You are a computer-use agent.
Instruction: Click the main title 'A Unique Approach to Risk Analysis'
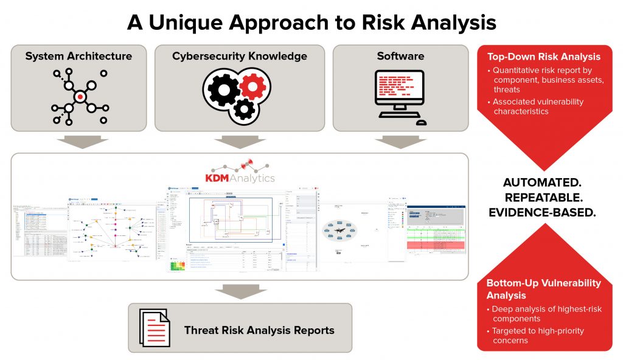(x=311, y=22)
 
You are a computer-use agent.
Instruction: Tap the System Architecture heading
(x=78, y=57)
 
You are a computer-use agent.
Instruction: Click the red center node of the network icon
(x=80, y=97)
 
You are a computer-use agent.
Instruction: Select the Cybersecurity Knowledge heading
(x=239, y=57)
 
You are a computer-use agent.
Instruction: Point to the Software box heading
(x=400, y=57)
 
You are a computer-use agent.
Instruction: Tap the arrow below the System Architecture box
(x=78, y=142)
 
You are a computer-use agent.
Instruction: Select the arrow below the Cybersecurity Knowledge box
(x=239, y=142)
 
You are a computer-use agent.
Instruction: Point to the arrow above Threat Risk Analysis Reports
(x=239, y=291)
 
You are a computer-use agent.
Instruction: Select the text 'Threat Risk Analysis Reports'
(x=259, y=331)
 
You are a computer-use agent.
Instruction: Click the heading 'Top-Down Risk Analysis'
(x=544, y=57)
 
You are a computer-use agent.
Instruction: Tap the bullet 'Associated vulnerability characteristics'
(x=538, y=106)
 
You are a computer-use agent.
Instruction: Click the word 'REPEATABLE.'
(x=544, y=198)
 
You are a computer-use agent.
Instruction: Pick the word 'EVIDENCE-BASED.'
(x=544, y=213)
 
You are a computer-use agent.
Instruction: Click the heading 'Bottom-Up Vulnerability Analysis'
(x=543, y=289)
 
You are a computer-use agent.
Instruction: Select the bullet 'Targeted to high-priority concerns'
(x=538, y=336)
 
